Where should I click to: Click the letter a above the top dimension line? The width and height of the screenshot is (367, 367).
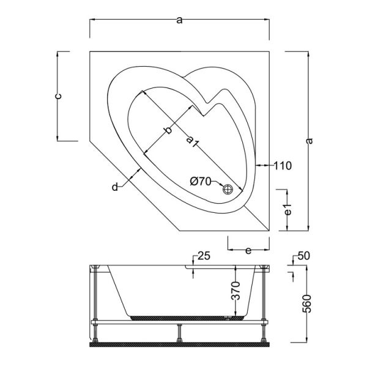179,21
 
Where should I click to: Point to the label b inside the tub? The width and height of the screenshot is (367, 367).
168,130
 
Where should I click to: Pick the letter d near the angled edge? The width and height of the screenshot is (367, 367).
114,187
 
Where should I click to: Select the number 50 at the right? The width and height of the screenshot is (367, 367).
305,255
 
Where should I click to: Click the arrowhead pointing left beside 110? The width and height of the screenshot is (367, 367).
258,165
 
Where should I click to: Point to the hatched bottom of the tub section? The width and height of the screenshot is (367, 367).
183,317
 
